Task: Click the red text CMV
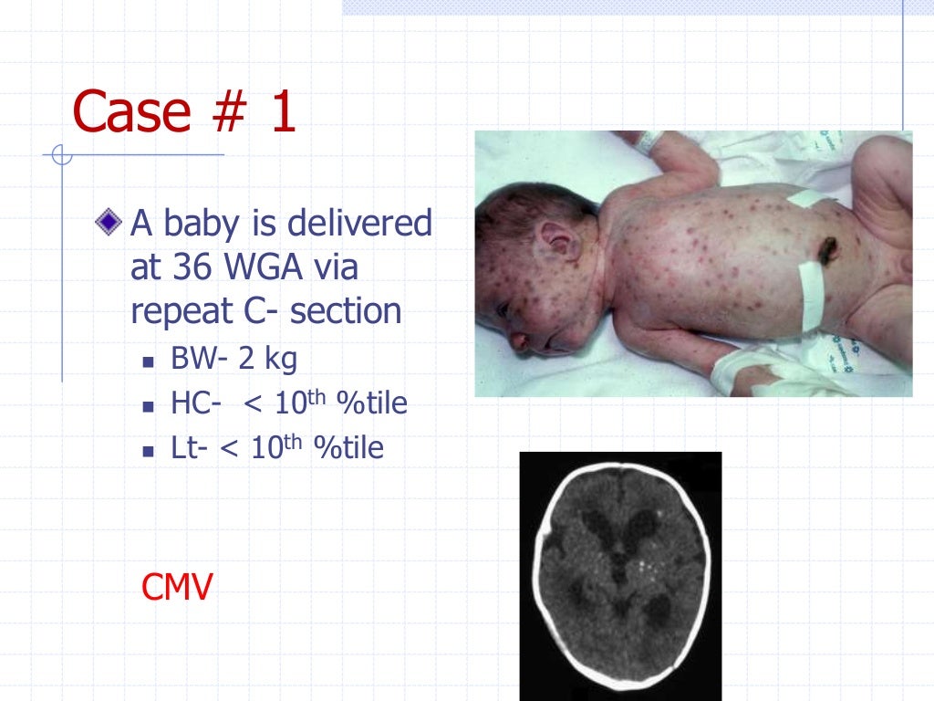click(x=177, y=587)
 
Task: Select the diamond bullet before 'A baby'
click(x=109, y=220)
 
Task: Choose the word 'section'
click(x=346, y=311)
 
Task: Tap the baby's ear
click(x=558, y=241)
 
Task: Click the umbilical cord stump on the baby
click(x=828, y=248)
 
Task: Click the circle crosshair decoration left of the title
click(x=62, y=155)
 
